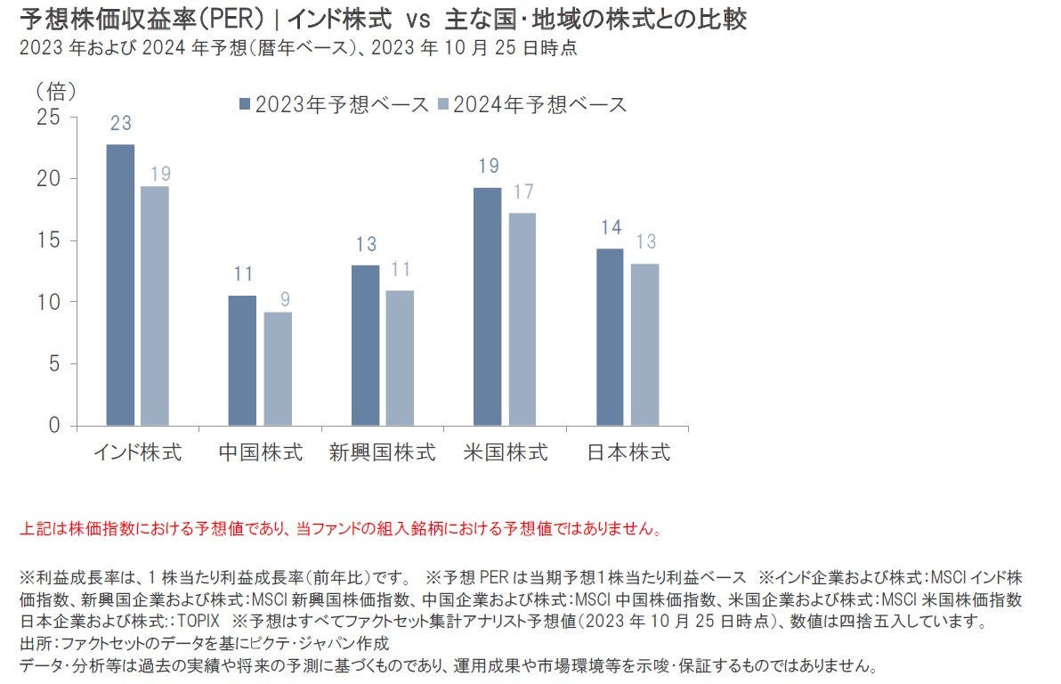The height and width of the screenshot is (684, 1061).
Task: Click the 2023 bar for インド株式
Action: pos(120,285)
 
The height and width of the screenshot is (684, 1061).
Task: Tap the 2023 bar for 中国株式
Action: pos(242,360)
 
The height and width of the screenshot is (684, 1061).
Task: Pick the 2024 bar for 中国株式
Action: pos(278,369)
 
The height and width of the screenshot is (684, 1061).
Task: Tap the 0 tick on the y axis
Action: pos(55,426)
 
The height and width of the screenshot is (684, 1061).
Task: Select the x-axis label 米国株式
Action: pos(505,452)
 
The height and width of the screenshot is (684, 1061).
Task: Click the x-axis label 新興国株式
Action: pos(382,452)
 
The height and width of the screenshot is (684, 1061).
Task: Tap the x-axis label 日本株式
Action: pos(628,452)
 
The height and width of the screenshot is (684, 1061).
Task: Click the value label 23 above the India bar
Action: pos(121,124)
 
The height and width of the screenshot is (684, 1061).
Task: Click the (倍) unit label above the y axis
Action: pos(56,90)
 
